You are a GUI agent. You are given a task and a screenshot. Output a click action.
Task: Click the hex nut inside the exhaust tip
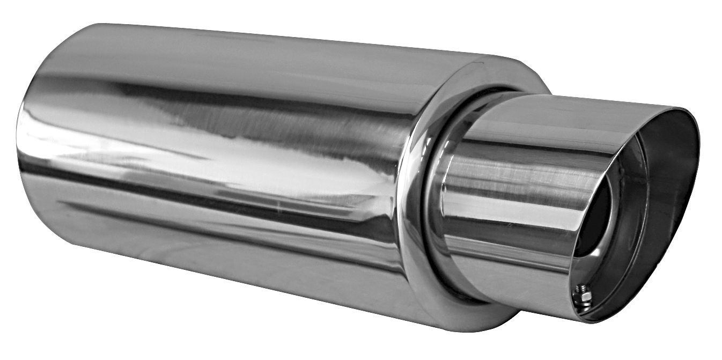(x=583, y=295)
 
